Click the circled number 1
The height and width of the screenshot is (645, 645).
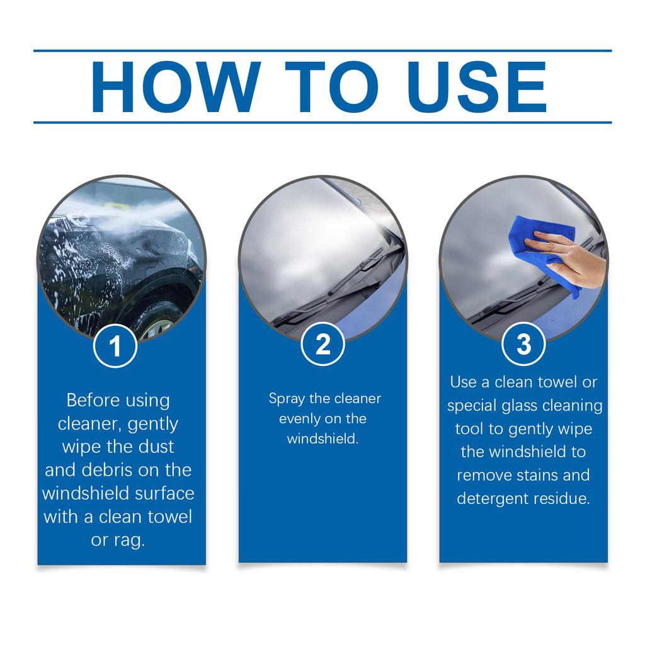tap(115, 346)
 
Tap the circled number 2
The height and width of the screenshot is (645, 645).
tap(322, 344)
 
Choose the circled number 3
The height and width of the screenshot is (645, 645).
tap(523, 344)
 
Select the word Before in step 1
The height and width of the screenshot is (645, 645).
tap(91, 401)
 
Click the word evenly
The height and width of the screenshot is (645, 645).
tap(300, 419)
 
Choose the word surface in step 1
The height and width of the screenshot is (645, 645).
tap(164, 493)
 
